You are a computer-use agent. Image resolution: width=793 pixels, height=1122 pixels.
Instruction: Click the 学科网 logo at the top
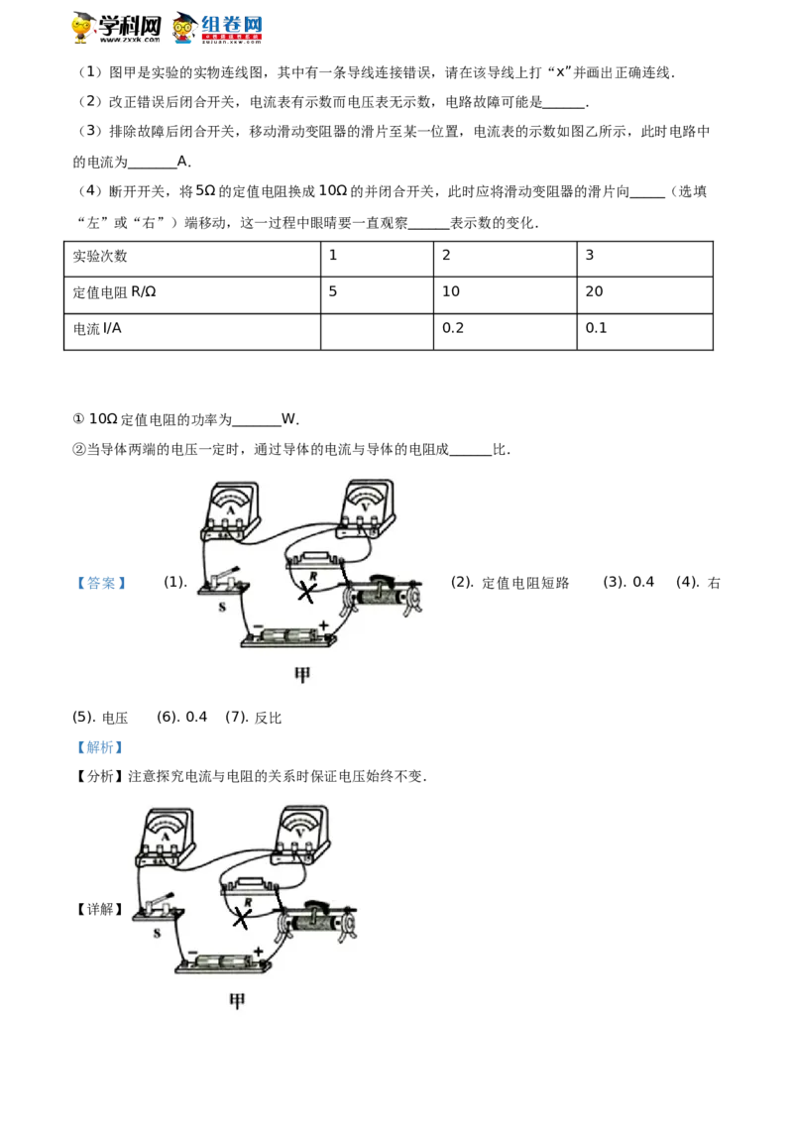click(x=116, y=29)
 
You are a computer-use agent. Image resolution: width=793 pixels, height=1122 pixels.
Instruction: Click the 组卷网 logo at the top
click(x=217, y=29)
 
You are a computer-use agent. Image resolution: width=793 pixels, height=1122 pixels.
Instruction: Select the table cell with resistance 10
click(x=505, y=294)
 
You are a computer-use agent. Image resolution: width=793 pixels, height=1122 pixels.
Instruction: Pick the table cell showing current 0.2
click(x=505, y=331)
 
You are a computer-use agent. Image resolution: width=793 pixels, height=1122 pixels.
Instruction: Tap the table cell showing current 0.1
click(x=645, y=331)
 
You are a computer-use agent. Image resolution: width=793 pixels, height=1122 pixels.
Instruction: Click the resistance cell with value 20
click(x=645, y=294)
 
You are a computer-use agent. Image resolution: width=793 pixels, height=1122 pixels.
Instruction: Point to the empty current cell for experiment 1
click(x=378, y=331)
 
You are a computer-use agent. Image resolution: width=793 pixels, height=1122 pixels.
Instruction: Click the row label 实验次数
click(x=99, y=256)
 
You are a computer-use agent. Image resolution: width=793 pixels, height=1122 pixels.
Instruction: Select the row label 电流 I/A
click(x=97, y=329)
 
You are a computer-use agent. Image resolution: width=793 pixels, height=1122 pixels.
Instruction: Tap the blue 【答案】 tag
click(x=101, y=583)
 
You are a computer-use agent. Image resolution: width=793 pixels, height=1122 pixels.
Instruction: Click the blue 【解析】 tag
click(x=99, y=747)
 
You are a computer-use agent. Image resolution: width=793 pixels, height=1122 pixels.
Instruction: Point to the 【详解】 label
click(x=99, y=909)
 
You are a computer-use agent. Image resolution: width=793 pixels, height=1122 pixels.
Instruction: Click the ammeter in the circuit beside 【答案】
click(x=230, y=511)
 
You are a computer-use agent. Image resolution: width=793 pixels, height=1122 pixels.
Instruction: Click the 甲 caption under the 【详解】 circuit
click(x=237, y=1001)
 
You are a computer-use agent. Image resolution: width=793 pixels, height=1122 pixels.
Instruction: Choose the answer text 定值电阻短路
click(x=525, y=583)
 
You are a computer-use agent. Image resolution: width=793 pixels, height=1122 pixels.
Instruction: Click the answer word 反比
click(x=268, y=718)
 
